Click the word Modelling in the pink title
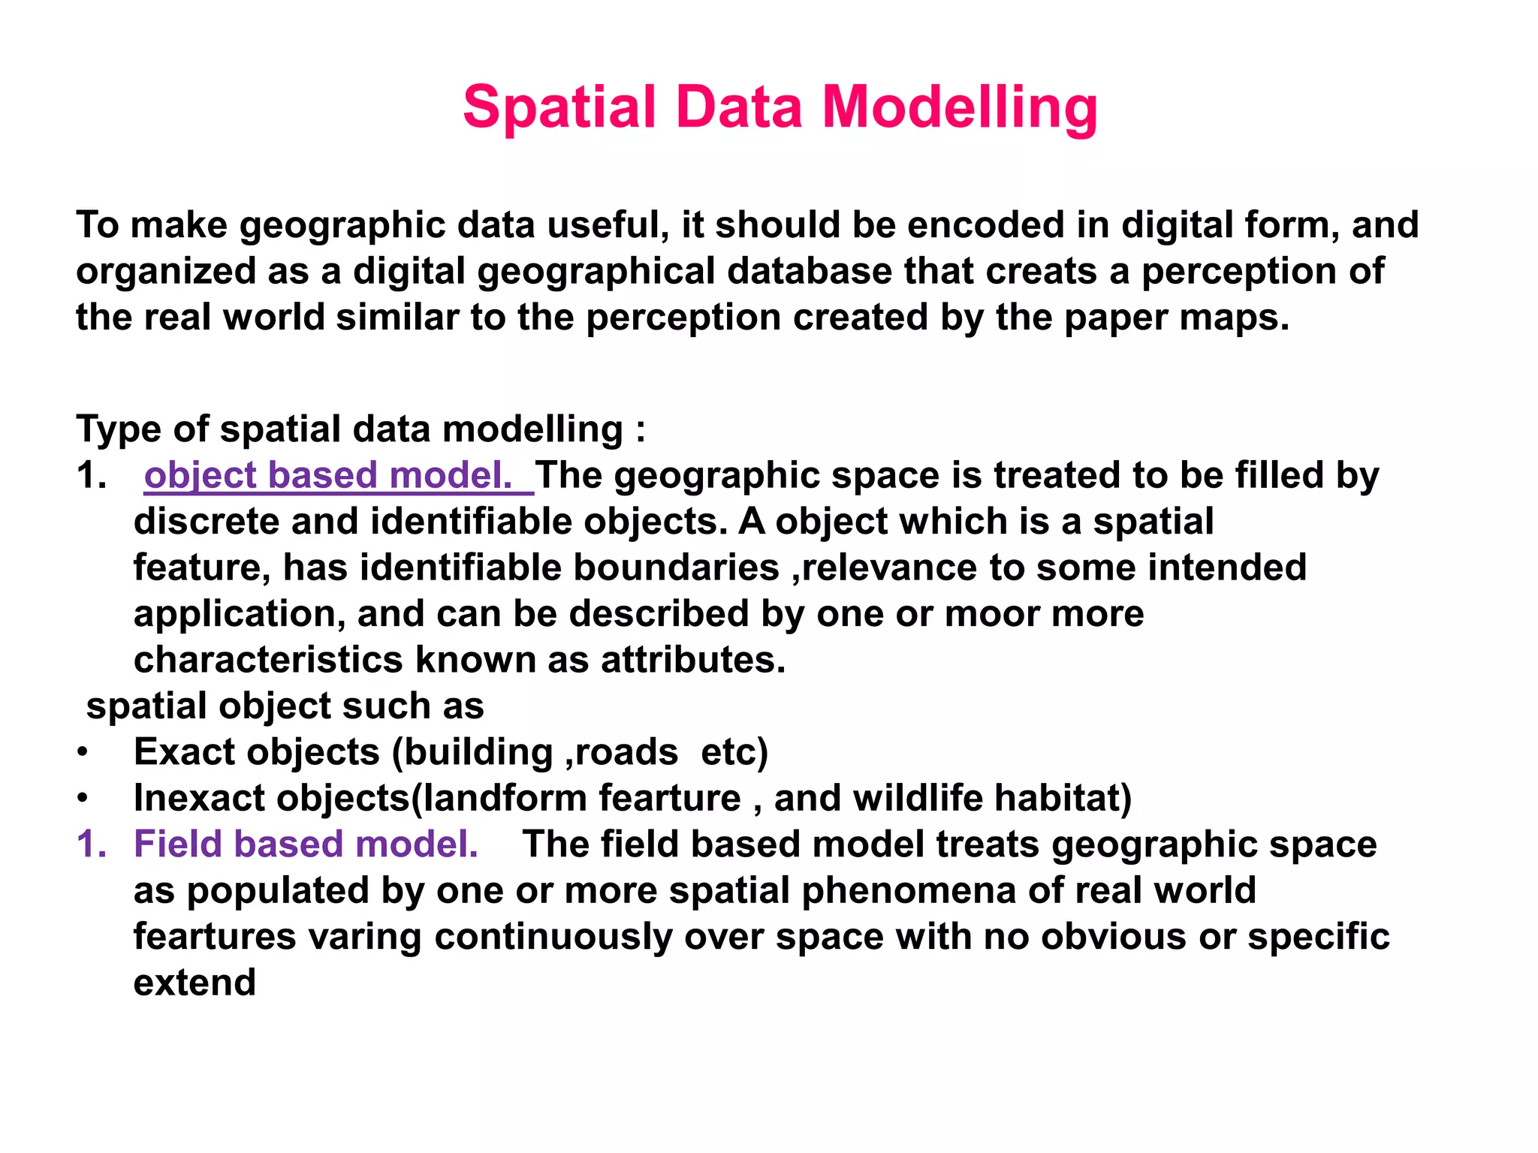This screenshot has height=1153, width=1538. click(x=960, y=107)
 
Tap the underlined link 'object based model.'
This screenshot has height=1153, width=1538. click(x=328, y=475)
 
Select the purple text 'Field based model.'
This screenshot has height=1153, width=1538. click(x=306, y=844)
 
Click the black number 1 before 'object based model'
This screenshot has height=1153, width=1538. click(x=90, y=475)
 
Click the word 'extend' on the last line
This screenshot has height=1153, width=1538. click(x=195, y=983)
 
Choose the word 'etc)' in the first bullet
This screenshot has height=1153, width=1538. click(x=734, y=752)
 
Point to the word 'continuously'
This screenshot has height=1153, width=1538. click(x=553, y=937)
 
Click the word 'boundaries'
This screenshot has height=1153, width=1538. click(x=676, y=567)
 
